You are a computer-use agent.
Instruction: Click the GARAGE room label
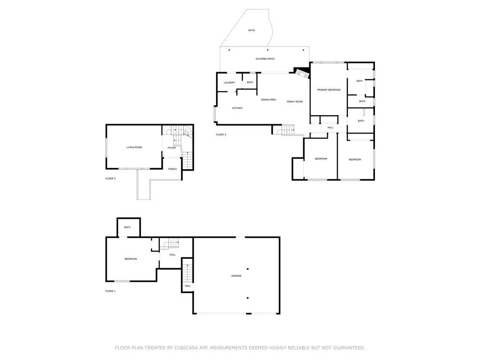click(x=236, y=276)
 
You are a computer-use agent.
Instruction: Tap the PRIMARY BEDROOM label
click(x=329, y=90)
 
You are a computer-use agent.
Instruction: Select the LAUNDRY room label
click(x=229, y=83)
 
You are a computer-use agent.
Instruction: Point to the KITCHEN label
click(x=237, y=108)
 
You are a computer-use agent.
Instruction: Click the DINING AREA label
click(x=269, y=99)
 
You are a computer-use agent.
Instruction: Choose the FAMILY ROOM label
click(x=295, y=102)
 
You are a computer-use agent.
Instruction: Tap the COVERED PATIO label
click(x=265, y=59)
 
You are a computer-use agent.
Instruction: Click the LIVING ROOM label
click(x=134, y=147)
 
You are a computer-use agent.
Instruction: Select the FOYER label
click(x=172, y=148)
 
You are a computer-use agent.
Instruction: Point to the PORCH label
click(x=172, y=169)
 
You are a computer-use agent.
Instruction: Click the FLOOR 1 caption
click(x=110, y=291)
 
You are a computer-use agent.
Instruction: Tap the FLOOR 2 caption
click(x=110, y=179)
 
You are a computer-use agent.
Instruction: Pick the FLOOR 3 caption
click(x=221, y=135)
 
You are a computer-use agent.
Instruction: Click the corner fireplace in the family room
click(x=300, y=73)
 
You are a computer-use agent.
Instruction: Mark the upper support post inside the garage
click(x=248, y=269)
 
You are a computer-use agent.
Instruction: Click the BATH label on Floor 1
click(x=127, y=227)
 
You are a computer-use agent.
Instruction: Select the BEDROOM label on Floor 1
click(x=131, y=259)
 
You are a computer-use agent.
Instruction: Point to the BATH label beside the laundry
click(x=250, y=82)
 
